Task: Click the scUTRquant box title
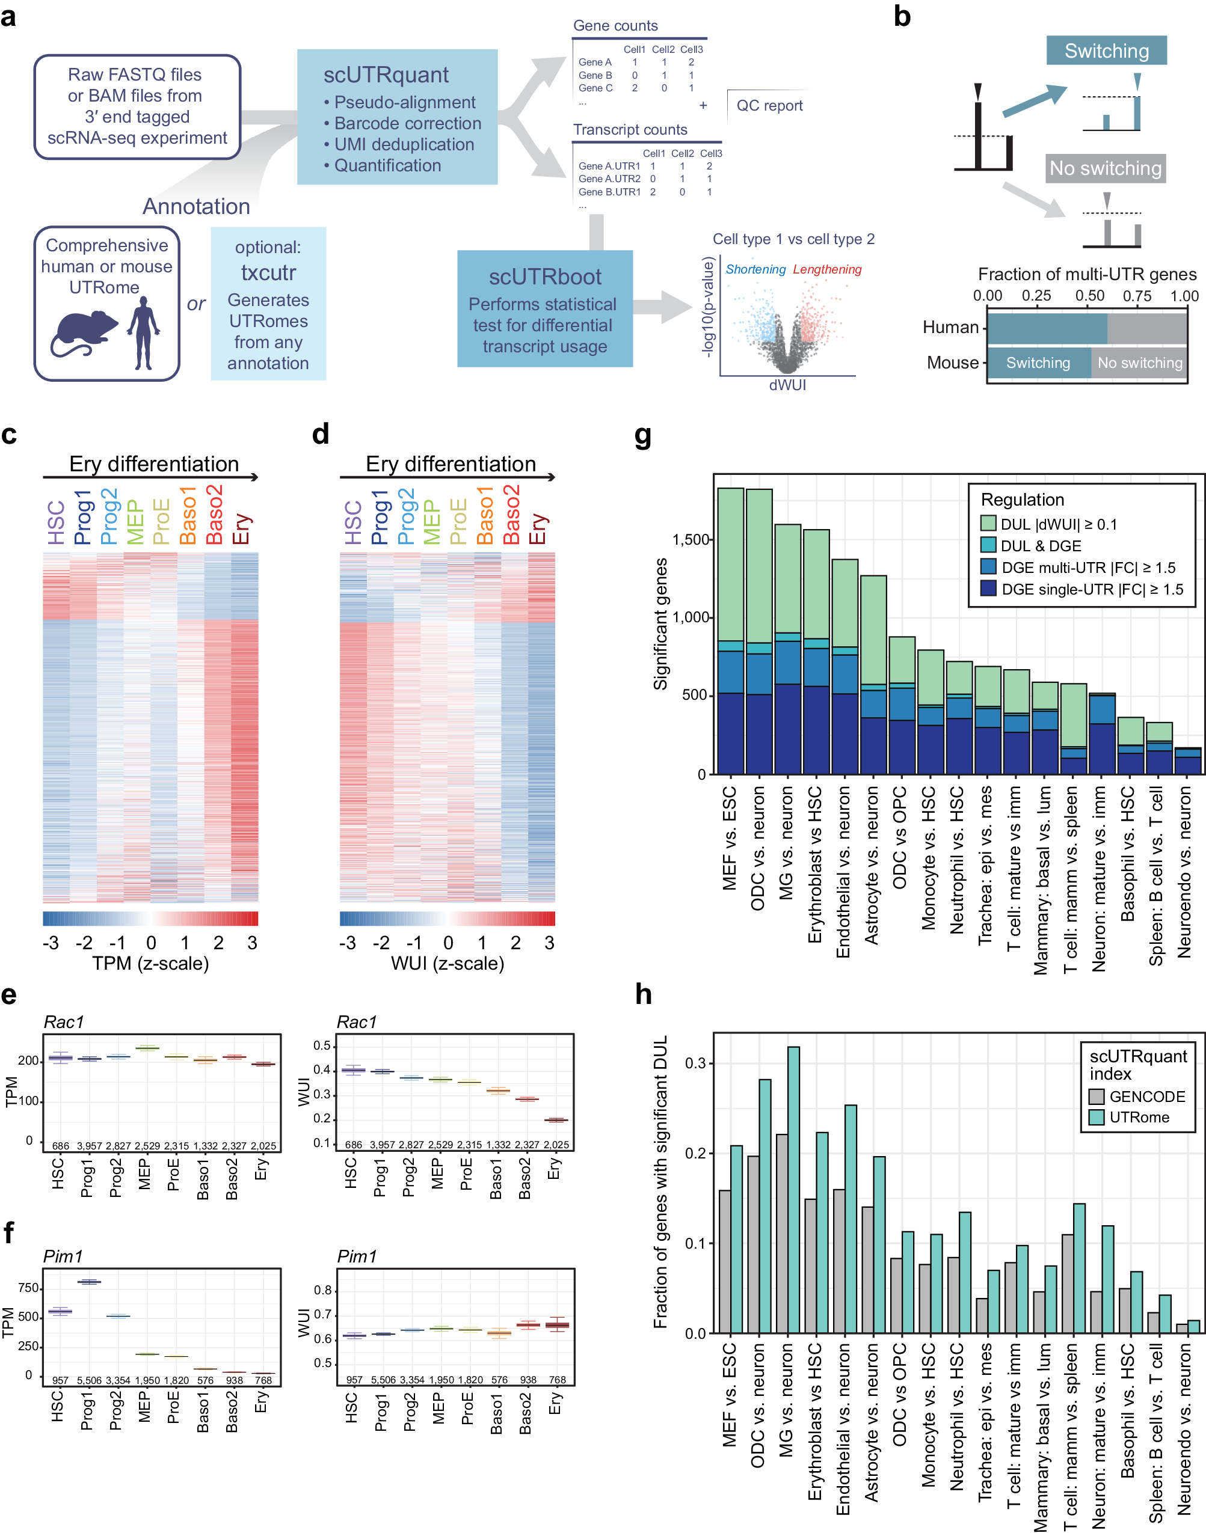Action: (x=386, y=75)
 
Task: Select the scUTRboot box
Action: (x=544, y=308)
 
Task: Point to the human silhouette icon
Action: (x=144, y=332)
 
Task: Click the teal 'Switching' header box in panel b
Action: (x=1106, y=51)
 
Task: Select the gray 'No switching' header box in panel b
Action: (x=1105, y=169)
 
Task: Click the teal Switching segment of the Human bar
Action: (x=1047, y=328)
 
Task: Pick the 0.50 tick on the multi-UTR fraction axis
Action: (x=1089, y=296)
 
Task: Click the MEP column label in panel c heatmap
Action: (x=135, y=522)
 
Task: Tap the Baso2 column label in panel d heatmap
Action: (x=511, y=515)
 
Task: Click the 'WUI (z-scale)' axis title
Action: (x=448, y=964)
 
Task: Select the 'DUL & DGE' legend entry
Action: (x=1040, y=546)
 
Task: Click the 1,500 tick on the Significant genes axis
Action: (x=691, y=540)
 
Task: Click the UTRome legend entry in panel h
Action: (x=1139, y=1117)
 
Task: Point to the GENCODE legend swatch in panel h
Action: (x=1097, y=1096)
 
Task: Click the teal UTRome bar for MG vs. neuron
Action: (x=793, y=1189)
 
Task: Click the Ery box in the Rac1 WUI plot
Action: (x=556, y=1119)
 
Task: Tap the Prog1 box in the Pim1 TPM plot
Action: (x=89, y=1282)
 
